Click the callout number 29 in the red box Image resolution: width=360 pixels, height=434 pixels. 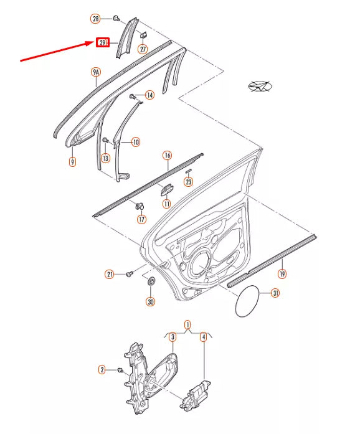[103, 42]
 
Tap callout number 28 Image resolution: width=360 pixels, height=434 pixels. [95, 19]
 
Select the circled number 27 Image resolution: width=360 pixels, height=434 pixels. [143, 49]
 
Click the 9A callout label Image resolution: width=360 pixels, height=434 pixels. [96, 72]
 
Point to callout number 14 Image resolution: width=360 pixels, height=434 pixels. [149, 95]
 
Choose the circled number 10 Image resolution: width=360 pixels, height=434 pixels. [135, 142]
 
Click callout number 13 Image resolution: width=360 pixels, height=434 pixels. [105, 158]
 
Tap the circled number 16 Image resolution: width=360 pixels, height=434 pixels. [168, 155]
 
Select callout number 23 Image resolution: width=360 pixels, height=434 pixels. [189, 182]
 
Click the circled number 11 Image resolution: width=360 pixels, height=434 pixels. [166, 204]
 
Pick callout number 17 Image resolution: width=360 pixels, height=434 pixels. [141, 220]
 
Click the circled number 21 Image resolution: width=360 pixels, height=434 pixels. [110, 275]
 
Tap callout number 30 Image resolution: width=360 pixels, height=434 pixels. [151, 301]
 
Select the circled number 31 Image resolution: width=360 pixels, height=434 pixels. [275, 293]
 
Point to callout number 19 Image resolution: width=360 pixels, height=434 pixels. [282, 274]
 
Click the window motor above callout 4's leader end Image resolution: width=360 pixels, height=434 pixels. [195, 395]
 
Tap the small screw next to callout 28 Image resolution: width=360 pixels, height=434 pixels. [116, 19]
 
